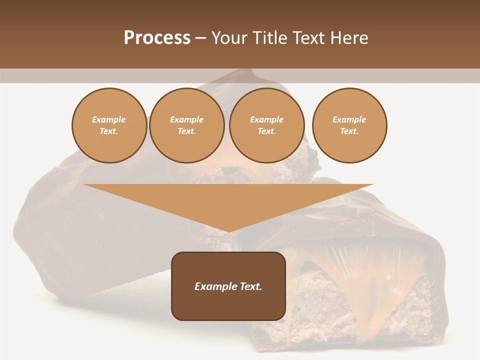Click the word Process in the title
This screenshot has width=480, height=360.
[x=157, y=38]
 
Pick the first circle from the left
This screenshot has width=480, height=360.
[x=109, y=125]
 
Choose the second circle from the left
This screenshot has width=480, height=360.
[x=187, y=125]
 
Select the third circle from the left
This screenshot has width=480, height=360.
[x=267, y=125]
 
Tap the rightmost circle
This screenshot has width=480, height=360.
[x=349, y=125]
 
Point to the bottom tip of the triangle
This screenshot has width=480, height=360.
[x=228, y=231]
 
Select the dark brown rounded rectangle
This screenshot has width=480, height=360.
[x=228, y=286]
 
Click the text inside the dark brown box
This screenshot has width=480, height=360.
[x=228, y=286]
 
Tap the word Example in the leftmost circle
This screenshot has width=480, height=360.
[x=109, y=120]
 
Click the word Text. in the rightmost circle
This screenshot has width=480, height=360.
[x=349, y=131]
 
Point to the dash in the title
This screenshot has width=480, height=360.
[x=201, y=38]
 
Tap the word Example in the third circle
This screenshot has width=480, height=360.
[x=267, y=120]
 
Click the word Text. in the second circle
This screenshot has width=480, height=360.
[x=187, y=131]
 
